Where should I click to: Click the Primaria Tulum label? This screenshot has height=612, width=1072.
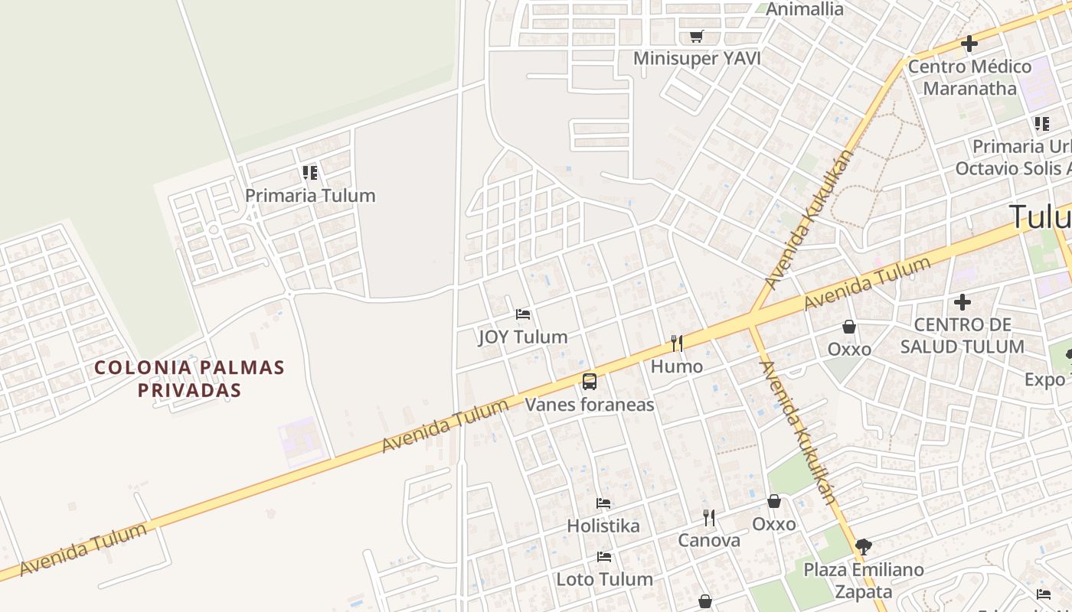coord(310,195)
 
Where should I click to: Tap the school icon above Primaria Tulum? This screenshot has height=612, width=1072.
coord(309,173)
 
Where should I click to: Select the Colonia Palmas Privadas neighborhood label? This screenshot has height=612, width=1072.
coord(189,379)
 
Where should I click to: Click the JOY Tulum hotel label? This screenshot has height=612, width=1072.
coord(523,337)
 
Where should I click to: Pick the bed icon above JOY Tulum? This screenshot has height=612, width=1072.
coord(523,314)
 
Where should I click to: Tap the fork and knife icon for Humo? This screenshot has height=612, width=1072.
coord(676,343)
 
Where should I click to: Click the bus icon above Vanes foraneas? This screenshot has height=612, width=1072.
coord(589,381)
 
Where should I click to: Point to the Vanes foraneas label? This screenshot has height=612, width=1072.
coord(589,404)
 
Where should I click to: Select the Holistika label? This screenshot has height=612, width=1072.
coord(603,526)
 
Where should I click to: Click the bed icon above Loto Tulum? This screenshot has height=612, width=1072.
coord(604,556)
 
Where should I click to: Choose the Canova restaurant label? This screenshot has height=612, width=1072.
coord(709,540)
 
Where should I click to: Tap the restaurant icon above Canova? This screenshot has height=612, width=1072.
coord(709,518)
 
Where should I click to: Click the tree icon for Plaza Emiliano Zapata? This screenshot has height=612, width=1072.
coord(864,546)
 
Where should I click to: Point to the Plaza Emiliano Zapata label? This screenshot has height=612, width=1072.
coord(864,581)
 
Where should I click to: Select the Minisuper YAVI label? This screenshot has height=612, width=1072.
coord(697,58)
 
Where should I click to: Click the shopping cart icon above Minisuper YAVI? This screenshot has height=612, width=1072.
coord(696,36)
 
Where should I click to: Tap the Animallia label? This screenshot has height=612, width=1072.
coord(804,9)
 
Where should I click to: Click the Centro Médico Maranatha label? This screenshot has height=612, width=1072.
coord(969,77)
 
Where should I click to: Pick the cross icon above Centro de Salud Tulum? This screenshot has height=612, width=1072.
coord(962,303)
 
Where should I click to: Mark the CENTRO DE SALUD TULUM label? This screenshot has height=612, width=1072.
coord(962,336)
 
